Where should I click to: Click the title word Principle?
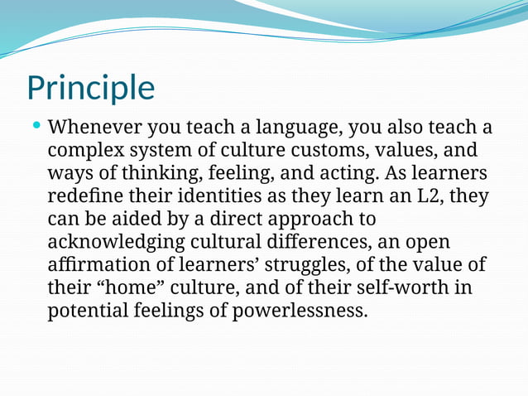(90, 88)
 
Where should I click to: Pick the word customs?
(334, 152)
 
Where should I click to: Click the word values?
(415, 152)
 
